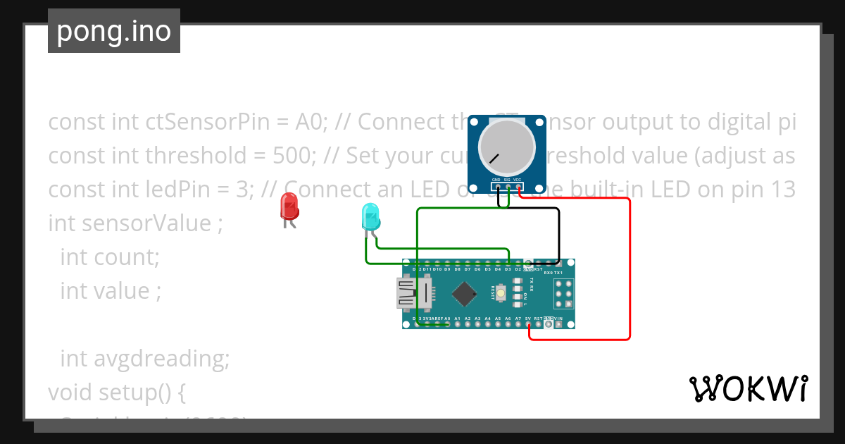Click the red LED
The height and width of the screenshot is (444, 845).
pyautogui.click(x=289, y=206)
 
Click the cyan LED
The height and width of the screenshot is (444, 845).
pyautogui.click(x=370, y=216)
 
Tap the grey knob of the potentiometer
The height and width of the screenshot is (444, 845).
pyautogui.click(x=507, y=147)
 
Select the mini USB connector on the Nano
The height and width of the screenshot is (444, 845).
pyautogui.click(x=412, y=293)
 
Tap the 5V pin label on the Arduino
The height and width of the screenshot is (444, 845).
pyautogui.click(x=528, y=319)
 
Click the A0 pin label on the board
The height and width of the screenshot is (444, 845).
pyautogui.click(x=447, y=319)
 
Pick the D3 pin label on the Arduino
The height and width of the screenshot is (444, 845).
pyautogui.click(x=508, y=269)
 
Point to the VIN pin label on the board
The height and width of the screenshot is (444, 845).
pyautogui.click(x=558, y=319)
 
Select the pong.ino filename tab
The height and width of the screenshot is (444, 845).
pyautogui.click(x=114, y=31)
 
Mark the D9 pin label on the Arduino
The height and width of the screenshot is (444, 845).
pyautogui.click(x=447, y=269)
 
